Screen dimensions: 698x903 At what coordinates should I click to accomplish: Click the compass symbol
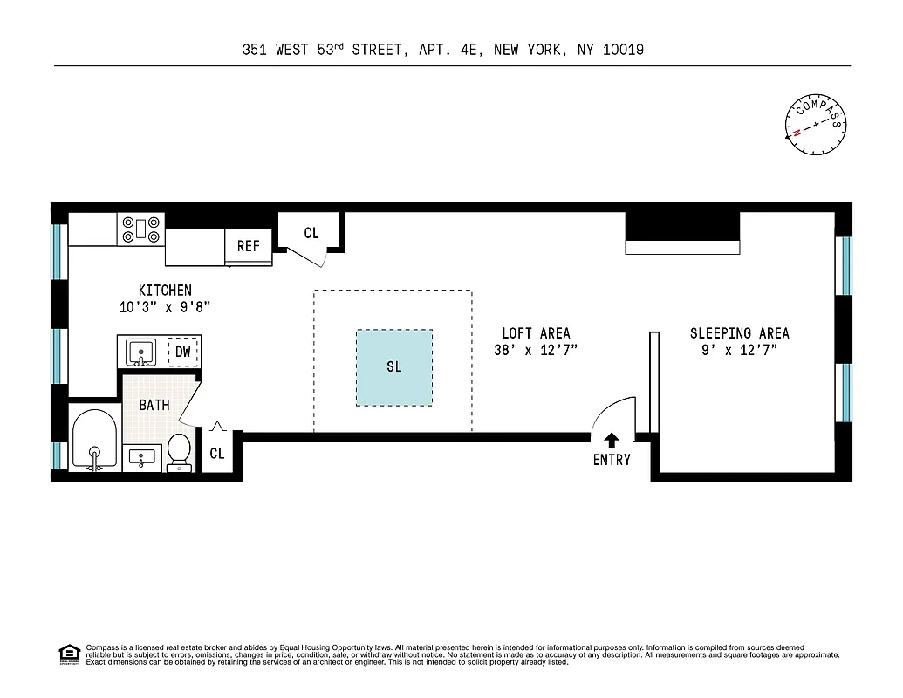pyautogui.click(x=817, y=124)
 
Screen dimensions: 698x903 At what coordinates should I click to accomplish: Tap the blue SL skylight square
pyautogui.click(x=393, y=367)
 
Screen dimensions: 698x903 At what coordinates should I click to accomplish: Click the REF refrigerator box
pyautogui.click(x=249, y=246)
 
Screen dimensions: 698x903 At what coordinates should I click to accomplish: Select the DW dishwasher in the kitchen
pyautogui.click(x=182, y=352)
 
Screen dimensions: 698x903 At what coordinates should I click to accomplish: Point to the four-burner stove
pyautogui.click(x=141, y=229)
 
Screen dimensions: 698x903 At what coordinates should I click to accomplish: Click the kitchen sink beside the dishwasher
pyautogui.click(x=140, y=352)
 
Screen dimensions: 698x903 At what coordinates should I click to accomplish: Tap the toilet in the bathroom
pyautogui.click(x=179, y=451)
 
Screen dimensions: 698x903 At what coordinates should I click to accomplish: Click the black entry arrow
pyautogui.click(x=612, y=441)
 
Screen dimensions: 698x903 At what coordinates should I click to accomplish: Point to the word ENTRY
pyautogui.click(x=612, y=460)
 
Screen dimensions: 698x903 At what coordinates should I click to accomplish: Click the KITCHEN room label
pyautogui.click(x=165, y=290)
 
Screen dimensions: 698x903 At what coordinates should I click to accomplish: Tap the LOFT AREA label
pyautogui.click(x=536, y=333)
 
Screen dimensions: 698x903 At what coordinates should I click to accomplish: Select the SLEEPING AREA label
pyautogui.click(x=739, y=333)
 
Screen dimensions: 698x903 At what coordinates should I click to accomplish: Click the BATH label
pyautogui.click(x=154, y=405)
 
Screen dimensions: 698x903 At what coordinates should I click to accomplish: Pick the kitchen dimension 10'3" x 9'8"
pyautogui.click(x=165, y=307)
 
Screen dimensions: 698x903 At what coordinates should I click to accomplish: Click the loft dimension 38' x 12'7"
pyautogui.click(x=536, y=350)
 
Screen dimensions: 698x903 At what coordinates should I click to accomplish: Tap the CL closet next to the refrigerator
pyautogui.click(x=311, y=233)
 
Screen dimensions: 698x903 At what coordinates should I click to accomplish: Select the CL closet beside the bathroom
pyautogui.click(x=216, y=454)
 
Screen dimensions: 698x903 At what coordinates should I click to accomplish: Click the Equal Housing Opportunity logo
pyautogui.click(x=68, y=653)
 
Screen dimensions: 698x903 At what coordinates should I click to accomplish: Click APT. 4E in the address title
pyautogui.click(x=446, y=50)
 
